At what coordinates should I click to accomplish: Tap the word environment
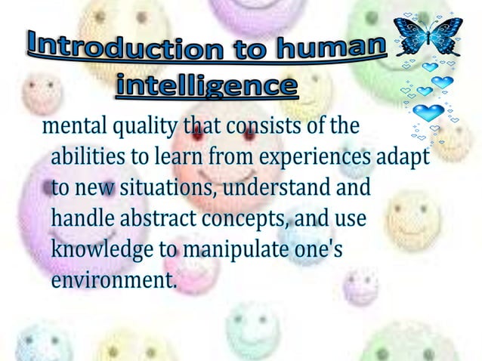coord(113,281)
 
